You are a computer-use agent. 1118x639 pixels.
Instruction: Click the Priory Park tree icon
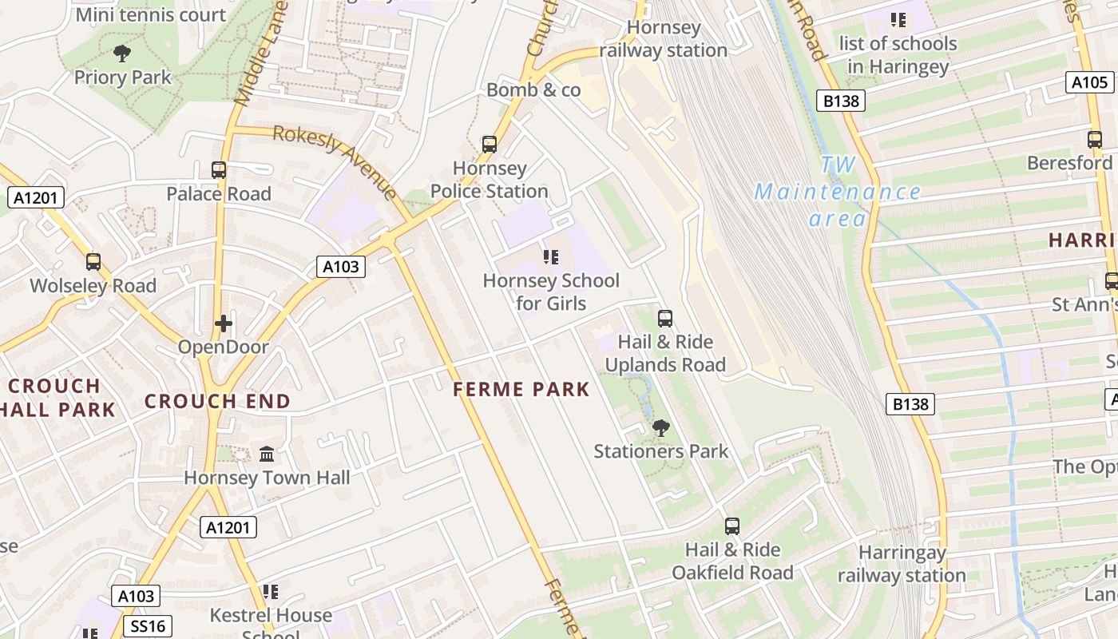coord(121,54)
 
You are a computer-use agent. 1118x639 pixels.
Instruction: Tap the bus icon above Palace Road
coord(218,169)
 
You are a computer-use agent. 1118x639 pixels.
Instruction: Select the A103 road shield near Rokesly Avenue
coord(341,267)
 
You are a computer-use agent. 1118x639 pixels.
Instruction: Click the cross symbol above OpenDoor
coord(223,323)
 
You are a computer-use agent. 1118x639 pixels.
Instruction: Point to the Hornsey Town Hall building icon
coord(267,454)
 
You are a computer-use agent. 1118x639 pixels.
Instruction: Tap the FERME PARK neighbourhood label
coord(521,390)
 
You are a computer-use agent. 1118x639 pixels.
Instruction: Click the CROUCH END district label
coord(217,401)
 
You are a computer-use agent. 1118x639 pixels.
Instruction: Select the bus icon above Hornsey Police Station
coord(489,145)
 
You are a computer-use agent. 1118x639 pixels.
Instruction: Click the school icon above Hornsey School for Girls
coord(550,256)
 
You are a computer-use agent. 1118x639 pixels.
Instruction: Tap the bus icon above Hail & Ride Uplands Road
coord(664,319)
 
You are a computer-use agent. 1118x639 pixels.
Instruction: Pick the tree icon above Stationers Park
coord(660,428)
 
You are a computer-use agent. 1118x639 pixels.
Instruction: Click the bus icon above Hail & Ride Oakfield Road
coord(731,526)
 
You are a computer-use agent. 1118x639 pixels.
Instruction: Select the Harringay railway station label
coord(902,564)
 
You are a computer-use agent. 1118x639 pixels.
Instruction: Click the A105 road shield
coord(1089,81)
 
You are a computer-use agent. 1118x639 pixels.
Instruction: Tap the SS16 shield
coord(149,625)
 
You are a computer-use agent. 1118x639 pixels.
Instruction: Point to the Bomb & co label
coord(533,89)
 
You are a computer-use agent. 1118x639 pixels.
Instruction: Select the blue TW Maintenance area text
coord(837,192)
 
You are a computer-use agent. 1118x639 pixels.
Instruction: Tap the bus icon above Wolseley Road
coord(93,262)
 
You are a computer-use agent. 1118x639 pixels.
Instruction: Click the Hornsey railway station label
coord(664,38)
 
